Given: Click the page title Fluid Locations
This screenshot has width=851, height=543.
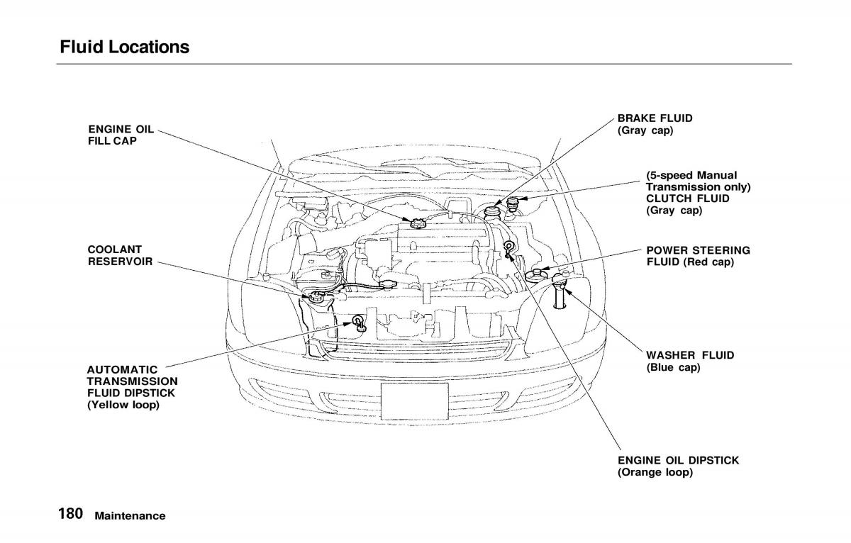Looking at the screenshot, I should tap(125, 47).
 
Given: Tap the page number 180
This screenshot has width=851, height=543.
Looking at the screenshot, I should tap(70, 515).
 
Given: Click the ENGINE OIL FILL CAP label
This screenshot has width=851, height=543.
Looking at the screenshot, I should tap(113, 135).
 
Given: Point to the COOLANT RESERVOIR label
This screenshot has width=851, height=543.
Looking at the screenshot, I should tap(120, 255).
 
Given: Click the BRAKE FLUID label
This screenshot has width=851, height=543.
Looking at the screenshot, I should tap(655, 118).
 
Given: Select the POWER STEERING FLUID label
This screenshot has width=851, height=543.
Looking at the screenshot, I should tap(698, 256).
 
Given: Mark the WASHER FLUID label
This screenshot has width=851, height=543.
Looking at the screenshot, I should tap(690, 354).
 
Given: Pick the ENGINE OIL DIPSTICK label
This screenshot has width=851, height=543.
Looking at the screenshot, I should tap(678, 460).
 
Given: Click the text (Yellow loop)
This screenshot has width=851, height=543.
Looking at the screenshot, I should tap(123, 405).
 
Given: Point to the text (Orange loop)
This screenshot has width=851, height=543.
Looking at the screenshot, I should tap(655, 472).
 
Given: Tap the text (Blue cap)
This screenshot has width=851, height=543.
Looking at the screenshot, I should tap(673, 367).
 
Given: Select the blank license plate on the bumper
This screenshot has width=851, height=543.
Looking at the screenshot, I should tap(414, 402).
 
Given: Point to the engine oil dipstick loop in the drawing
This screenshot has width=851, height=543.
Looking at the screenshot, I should tap(509, 247).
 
